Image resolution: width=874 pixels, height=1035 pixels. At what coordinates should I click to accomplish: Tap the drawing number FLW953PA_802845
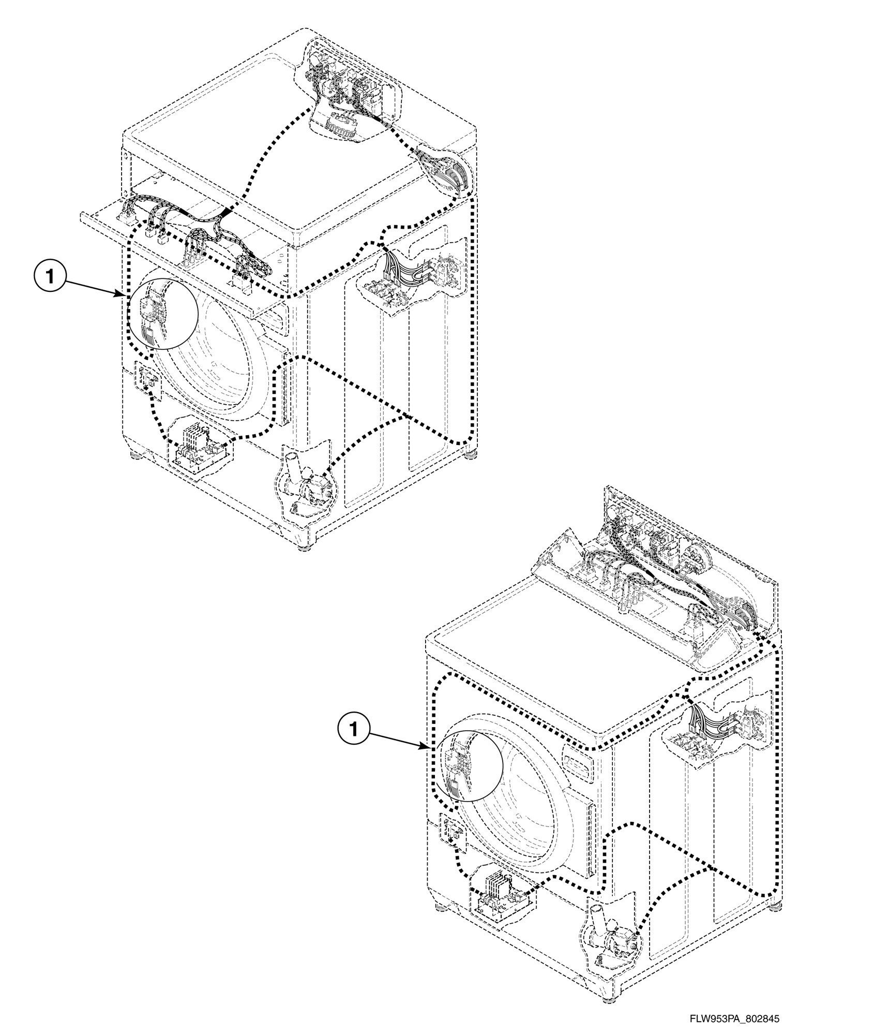734,1018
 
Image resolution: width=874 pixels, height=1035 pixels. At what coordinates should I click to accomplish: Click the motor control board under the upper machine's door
199,449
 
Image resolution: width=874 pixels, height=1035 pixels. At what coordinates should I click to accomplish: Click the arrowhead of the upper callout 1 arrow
120,295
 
